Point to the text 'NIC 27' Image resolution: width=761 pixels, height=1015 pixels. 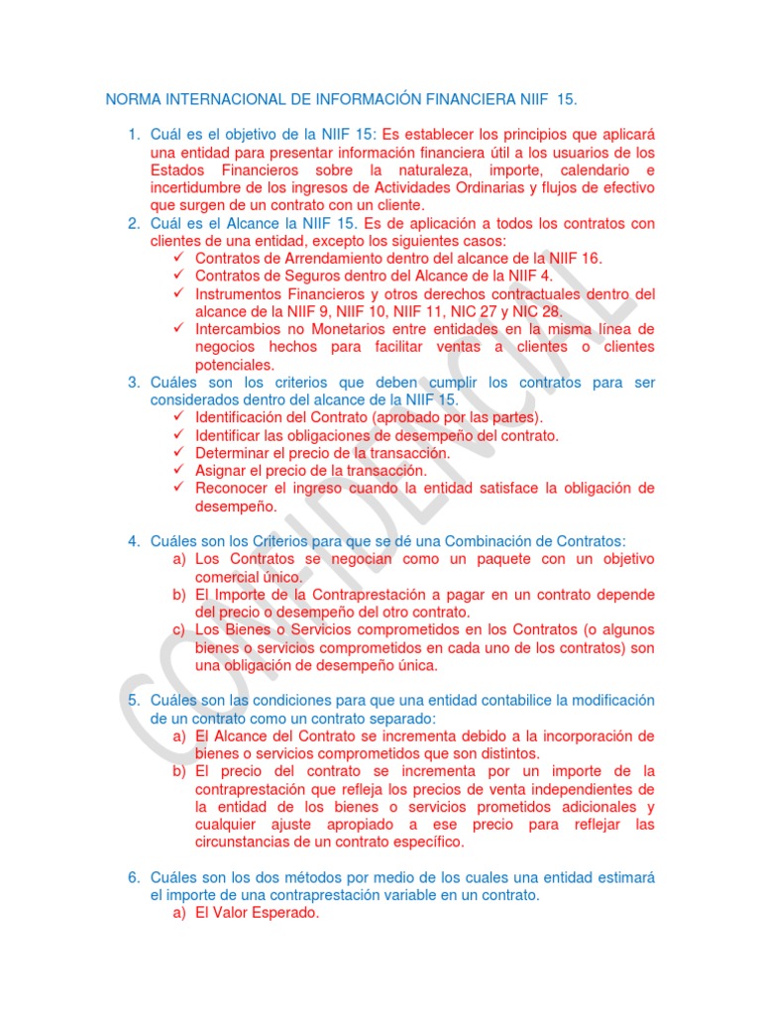pos(483,311)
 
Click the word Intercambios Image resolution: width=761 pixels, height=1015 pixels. pos(239,329)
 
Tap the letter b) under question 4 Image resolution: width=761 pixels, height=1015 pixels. pos(178,595)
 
